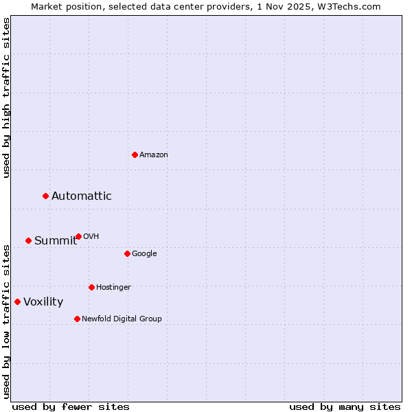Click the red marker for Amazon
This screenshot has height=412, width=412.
(135, 154)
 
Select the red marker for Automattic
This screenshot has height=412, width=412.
(46, 196)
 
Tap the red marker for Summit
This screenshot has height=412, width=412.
(28, 240)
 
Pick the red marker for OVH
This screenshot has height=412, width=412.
(78, 236)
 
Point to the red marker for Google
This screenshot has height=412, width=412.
(127, 253)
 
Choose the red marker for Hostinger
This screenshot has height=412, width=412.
(91, 287)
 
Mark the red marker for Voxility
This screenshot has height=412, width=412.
(17, 301)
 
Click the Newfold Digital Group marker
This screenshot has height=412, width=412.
(77, 319)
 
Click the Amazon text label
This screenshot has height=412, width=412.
(154, 155)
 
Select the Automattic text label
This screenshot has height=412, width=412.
(82, 196)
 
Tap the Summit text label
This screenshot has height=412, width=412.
(56, 240)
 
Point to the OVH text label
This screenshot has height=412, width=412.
(91, 237)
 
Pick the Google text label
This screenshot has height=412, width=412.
(144, 254)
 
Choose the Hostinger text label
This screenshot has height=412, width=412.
(113, 288)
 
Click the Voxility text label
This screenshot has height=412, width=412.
(43, 302)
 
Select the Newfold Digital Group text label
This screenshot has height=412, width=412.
(122, 319)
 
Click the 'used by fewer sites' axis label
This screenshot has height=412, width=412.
(71, 407)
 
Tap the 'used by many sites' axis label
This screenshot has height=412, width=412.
(345, 407)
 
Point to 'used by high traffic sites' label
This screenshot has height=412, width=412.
(7, 98)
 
